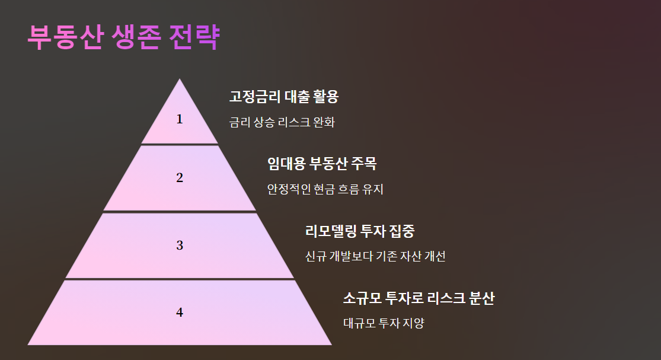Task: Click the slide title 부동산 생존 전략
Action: coord(123,37)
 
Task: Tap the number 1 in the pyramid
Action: coord(180,119)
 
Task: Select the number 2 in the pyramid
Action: coord(180,177)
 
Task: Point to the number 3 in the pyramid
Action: coord(180,245)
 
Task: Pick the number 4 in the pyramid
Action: coord(180,313)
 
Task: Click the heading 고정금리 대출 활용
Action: coord(283,97)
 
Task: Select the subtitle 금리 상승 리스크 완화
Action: coord(282,123)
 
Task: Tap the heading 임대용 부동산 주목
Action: coord(322,164)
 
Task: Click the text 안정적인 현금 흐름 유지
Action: coord(325,190)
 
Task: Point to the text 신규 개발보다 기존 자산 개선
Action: coord(375,257)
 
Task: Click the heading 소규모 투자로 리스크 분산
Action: coord(419,298)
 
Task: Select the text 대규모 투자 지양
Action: coord(384,324)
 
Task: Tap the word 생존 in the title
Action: coord(135,37)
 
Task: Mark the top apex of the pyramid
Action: coord(180,80)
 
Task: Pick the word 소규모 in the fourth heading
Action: coord(362,298)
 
